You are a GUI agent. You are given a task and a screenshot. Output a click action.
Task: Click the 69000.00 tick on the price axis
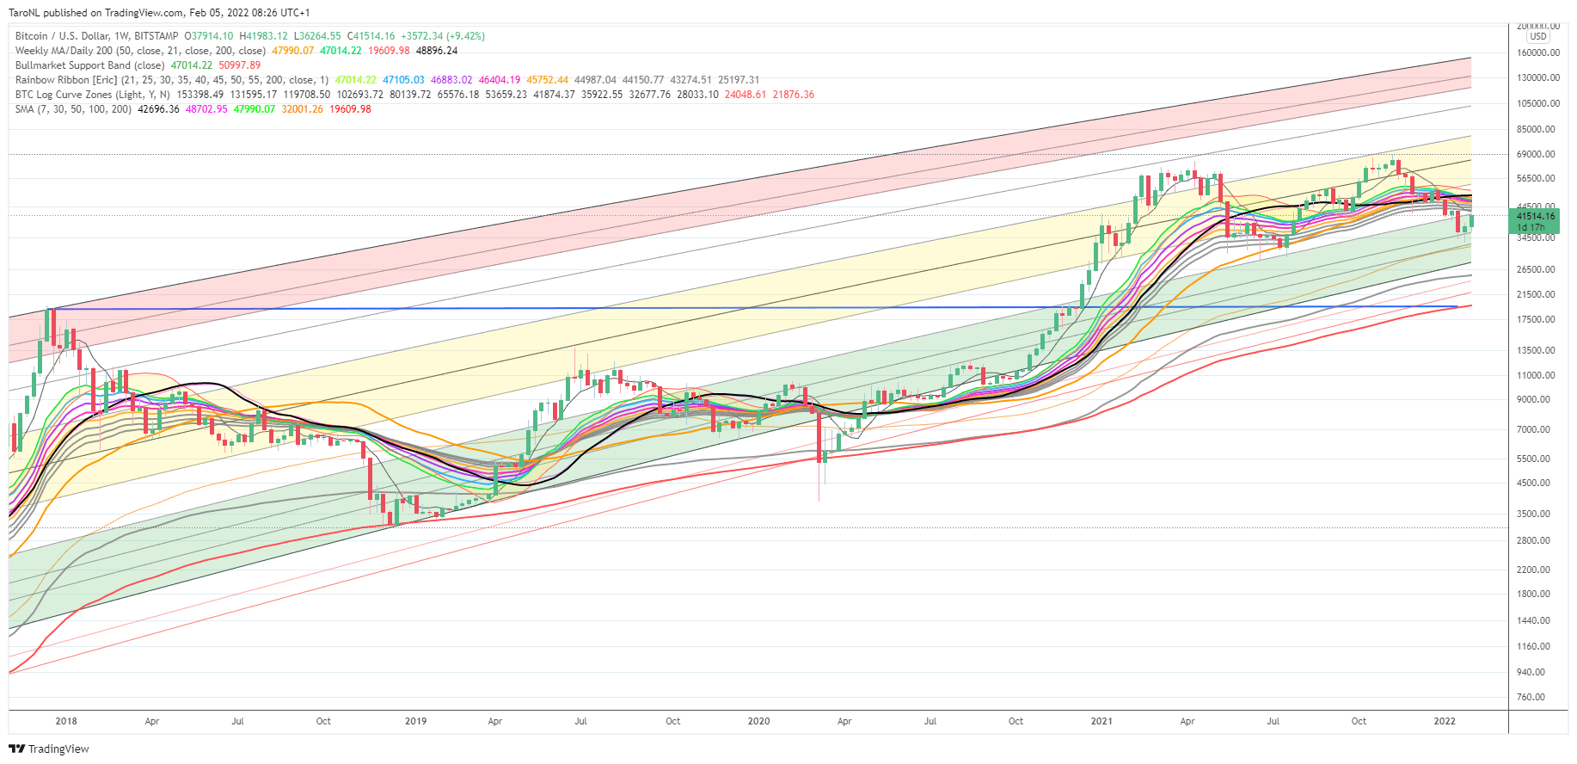tap(1536, 154)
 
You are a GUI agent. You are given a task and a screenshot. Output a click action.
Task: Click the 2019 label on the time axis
tap(415, 721)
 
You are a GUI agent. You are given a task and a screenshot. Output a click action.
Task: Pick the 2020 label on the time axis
tap(758, 721)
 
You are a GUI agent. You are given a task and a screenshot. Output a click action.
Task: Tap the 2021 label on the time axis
tap(1101, 721)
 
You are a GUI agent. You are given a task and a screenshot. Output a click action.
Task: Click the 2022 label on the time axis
tap(1445, 721)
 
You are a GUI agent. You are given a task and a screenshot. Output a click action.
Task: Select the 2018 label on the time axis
tap(66, 721)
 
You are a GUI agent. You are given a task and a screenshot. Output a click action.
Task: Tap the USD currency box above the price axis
tap(1538, 36)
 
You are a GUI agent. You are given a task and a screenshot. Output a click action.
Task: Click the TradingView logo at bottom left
tap(49, 749)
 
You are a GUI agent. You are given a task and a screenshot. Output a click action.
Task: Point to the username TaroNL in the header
tap(24, 13)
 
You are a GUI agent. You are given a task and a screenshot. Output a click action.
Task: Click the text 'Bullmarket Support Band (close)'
tap(89, 65)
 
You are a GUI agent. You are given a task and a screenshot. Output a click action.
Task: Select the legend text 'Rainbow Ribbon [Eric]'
tap(66, 80)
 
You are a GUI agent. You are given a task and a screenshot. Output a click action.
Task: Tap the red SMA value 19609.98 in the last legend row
tap(350, 109)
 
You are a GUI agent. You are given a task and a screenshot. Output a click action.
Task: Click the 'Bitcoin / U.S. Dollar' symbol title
tap(62, 36)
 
